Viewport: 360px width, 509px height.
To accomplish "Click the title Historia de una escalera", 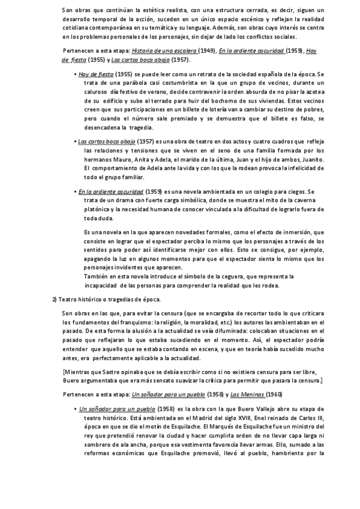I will pos(164,52).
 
